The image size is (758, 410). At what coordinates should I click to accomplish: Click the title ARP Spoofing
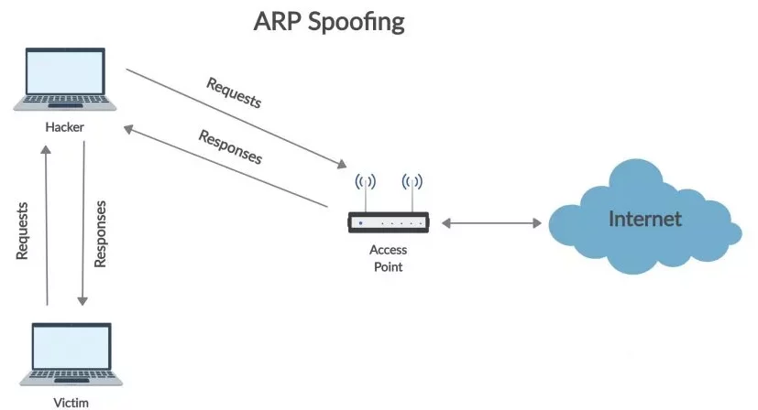[x=328, y=21]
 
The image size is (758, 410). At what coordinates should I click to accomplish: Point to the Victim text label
[x=71, y=400]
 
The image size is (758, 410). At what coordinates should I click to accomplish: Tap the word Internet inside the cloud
[x=646, y=219]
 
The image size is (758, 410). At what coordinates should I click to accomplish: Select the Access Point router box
[x=389, y=222]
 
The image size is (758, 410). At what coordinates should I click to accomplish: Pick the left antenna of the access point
[x=365, y=188]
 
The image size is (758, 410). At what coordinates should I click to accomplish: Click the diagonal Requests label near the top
[x=234, y=92]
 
